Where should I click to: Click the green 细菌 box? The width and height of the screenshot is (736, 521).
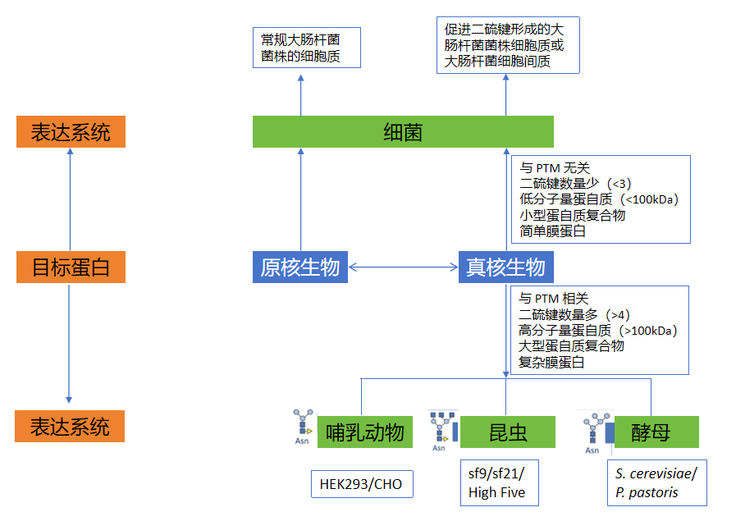pos(403,132)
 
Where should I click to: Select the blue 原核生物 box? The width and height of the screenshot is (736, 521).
pos(299,267)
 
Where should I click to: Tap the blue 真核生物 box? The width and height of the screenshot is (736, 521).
pos(505,267)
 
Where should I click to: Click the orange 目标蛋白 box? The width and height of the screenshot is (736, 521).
pos(71,267)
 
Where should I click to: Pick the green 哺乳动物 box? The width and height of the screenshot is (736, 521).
pos(364,432)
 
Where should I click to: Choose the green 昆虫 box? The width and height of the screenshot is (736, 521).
pos(508,432)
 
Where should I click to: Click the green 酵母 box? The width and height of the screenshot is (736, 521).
pos(651,432)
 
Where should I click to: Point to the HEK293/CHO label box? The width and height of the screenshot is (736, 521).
pos(361,484)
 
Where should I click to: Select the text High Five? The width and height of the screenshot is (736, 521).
pos(496,492)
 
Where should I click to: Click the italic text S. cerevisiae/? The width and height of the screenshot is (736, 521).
pos(656,473)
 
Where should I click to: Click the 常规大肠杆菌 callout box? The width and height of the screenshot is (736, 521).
pos(306,48)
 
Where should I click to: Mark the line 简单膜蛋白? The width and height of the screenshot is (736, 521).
pos(553,231)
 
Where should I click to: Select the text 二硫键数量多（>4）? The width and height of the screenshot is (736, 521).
pos(574,315)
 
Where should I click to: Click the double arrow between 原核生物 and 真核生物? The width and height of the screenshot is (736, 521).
pos(403,267)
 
